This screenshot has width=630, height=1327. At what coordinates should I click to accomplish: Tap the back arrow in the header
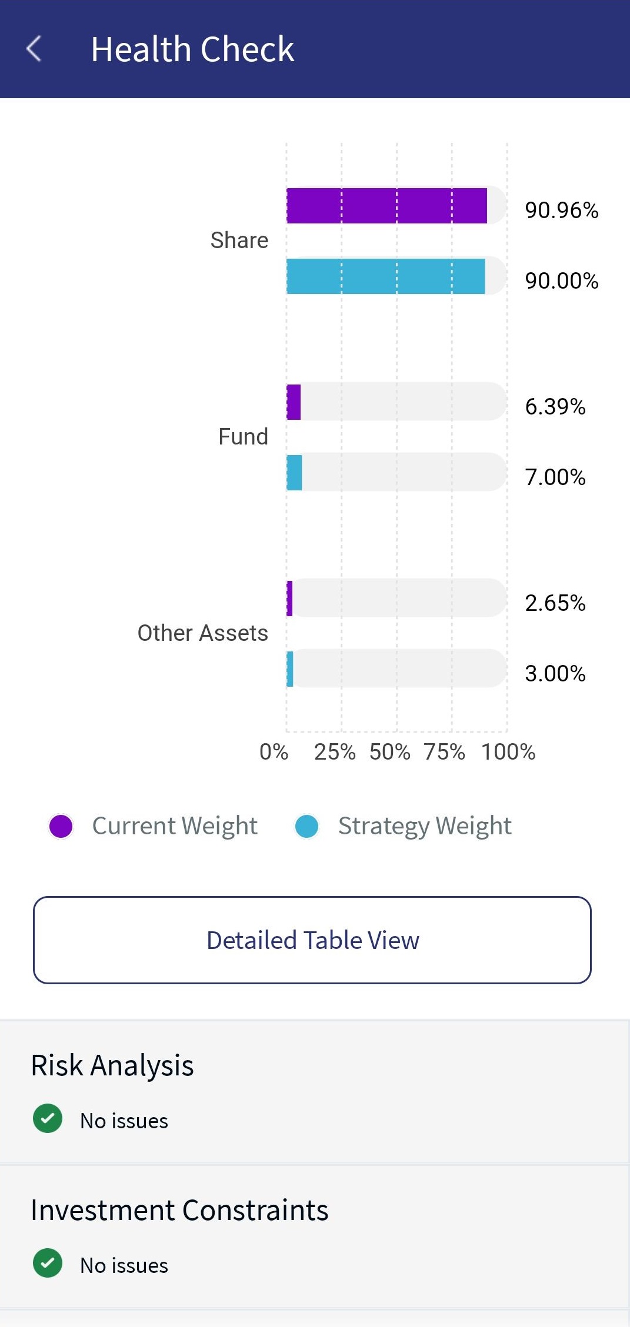(34, 48)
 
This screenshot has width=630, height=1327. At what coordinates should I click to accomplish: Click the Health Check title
(192, 49)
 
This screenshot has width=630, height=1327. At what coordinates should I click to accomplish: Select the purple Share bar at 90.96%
(386, 206)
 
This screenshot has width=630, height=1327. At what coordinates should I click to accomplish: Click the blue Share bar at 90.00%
(385, 276)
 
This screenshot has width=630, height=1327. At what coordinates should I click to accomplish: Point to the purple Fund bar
(294, 402)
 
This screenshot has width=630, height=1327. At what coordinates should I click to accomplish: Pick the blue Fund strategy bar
(294, 473)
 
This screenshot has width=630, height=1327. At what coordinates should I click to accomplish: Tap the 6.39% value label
(555, 406)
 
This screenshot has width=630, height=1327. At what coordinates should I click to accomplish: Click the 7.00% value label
(555, 477)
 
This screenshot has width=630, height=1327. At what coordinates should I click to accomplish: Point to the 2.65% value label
(555, 603)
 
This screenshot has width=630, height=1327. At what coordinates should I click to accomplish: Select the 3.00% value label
(555, 673)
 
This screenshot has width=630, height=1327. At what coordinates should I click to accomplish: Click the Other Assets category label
(202, 633)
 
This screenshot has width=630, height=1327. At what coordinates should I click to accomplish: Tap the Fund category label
(243, 437)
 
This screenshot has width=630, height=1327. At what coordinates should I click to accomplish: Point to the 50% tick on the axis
(390, 752)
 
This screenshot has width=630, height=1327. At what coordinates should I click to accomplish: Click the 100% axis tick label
(508, 752)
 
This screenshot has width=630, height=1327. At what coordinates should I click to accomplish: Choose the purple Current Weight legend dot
(61, 826)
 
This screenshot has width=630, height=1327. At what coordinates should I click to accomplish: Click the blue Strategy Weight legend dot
(306, 826)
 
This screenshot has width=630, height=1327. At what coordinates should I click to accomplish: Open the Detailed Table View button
(312, 940)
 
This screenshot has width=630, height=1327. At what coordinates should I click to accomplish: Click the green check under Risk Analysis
(48, 1118)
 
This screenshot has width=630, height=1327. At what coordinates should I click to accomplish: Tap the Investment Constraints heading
(179, 1210)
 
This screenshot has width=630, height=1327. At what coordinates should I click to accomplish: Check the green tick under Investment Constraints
(48, 1263)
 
